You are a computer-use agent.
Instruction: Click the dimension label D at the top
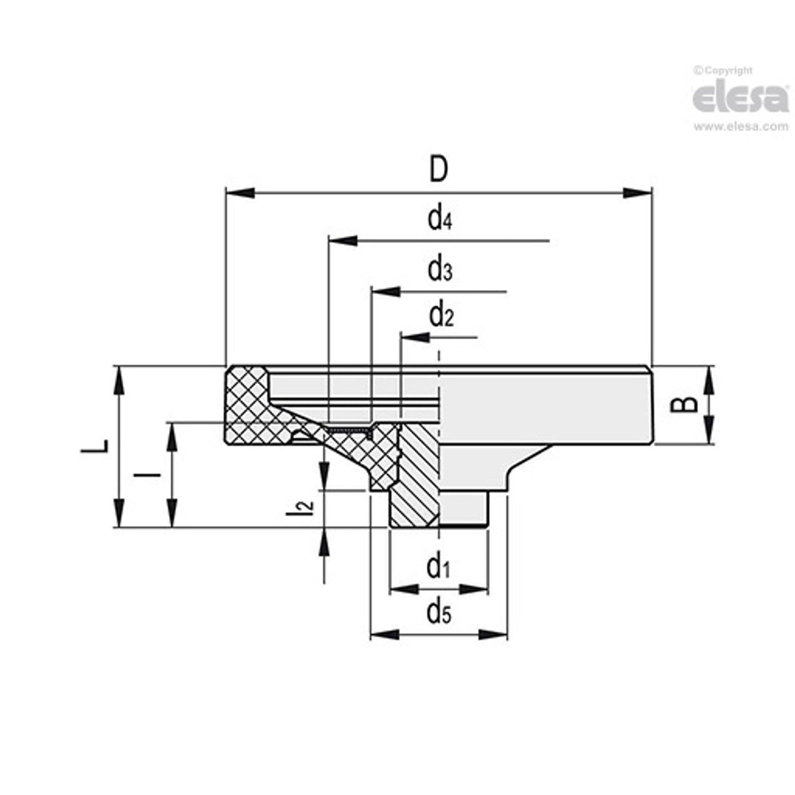click(438, 170)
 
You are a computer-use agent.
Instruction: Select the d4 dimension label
click(439, 219)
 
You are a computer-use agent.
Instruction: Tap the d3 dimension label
click(439, 269)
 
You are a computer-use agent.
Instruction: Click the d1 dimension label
click(438, 566)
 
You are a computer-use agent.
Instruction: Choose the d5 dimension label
click(439, 613)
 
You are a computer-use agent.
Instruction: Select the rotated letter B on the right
click(685, 404)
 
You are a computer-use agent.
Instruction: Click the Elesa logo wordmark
click(740, 98)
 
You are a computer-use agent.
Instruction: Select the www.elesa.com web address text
click(741, 127)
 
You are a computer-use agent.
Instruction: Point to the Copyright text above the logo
click(724, 71)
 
